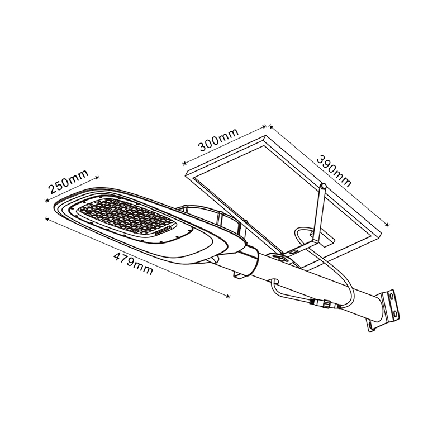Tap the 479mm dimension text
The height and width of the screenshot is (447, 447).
133,264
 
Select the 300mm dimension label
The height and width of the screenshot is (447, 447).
218,140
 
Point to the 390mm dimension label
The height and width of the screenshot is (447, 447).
334,171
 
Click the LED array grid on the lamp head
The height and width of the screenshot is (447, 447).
127,217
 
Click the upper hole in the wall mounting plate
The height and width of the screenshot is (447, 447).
392,297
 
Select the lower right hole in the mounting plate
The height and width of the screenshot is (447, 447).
396,313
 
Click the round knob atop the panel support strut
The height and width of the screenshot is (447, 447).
324,186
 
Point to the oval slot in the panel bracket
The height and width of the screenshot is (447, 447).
294,251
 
